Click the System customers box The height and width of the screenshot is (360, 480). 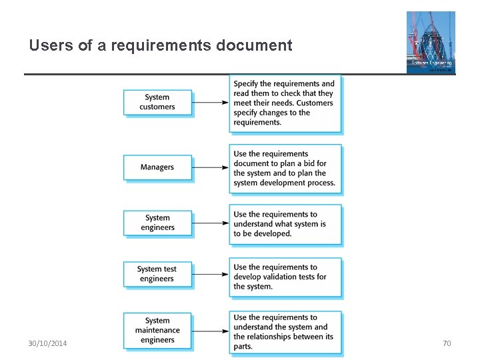click(x=157, y=102)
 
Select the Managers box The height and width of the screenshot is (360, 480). click(x=157, y=167)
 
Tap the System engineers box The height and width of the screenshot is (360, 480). click(x=157, y=223)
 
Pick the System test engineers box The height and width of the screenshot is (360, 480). click(x=157, y=274)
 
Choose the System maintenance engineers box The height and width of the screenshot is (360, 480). click(x=157, y=330)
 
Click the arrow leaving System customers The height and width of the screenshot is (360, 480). click(x=211, y=103)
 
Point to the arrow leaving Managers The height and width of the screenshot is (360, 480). click(x=211, y=167)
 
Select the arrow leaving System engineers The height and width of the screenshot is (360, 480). click(x=211, y=223)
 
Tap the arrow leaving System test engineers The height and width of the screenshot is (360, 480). click(x=211, y=274)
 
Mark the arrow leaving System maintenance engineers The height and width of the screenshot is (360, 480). click(x=211, y=330)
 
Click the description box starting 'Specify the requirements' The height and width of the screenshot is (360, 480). click(x=285, y=103)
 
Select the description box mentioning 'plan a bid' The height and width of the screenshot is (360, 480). click(x=285, y=168)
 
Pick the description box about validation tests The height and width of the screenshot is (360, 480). click(x=285, y=277)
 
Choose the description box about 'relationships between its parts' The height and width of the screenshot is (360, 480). click(x=285, y=331)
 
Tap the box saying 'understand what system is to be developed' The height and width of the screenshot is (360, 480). click(x=285, y=224)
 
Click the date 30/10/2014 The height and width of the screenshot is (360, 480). click(x=47, y=343)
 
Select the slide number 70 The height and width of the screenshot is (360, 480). click(x=447, y=343)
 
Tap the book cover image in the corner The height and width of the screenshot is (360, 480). click(x=431, y=42)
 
